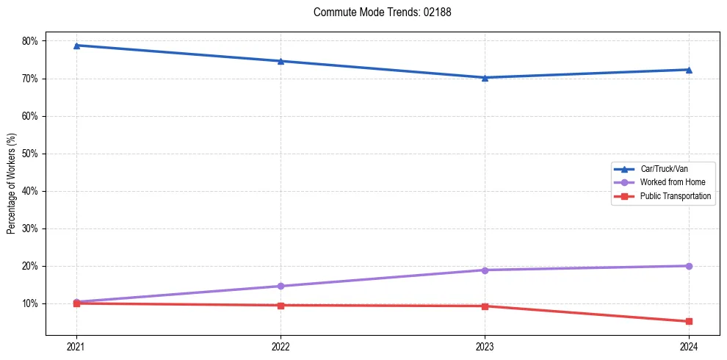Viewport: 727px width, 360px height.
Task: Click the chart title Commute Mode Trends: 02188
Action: [377, 12]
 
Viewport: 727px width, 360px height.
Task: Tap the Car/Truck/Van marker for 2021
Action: [76, 46]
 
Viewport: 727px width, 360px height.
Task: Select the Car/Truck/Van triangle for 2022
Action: [281, 61]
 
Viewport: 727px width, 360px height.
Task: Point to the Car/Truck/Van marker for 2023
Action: [485, 77]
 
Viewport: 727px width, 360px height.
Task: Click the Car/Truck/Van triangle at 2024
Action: [689, 70]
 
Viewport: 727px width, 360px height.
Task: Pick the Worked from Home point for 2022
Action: [281, 286]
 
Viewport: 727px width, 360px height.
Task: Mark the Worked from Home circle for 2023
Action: [485, 270]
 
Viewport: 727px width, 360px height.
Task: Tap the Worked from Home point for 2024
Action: [689, 266]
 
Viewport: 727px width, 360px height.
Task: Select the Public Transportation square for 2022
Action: [281, 305]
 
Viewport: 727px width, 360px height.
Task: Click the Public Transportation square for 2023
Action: [485, 306]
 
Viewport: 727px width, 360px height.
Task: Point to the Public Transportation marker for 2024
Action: [689, 321]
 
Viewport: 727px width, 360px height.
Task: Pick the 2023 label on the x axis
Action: [485, 346]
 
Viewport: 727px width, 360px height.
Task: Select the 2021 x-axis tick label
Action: [76, 346]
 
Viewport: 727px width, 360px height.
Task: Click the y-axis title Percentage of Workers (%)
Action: [12, 184]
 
